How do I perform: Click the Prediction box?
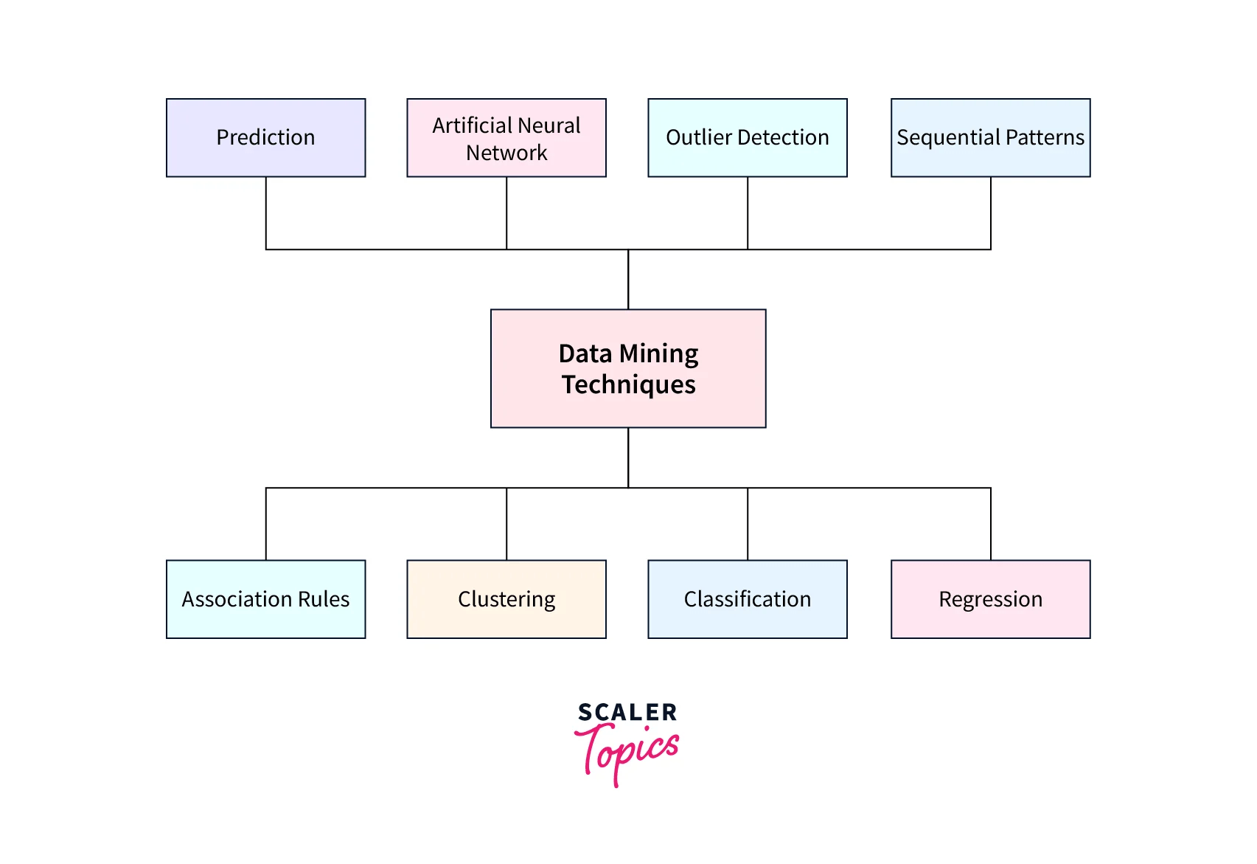coord(265,138)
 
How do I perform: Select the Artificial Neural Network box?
coord(506,138)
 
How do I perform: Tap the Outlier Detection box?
coord(747,138)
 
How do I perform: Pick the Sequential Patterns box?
coord(990,138)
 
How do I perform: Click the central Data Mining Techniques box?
coord(628,368)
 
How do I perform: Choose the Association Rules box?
coord(265,599)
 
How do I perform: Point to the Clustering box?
coord(506,599)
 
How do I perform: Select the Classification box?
coord(747,599)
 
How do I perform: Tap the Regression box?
coord(990,599)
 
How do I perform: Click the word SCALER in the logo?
coord(627,712)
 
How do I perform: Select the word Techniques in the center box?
coord(628,385)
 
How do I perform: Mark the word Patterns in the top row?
coord(1045,138)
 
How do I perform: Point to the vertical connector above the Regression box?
coord(991,524)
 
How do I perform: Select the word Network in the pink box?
coord(506,153)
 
